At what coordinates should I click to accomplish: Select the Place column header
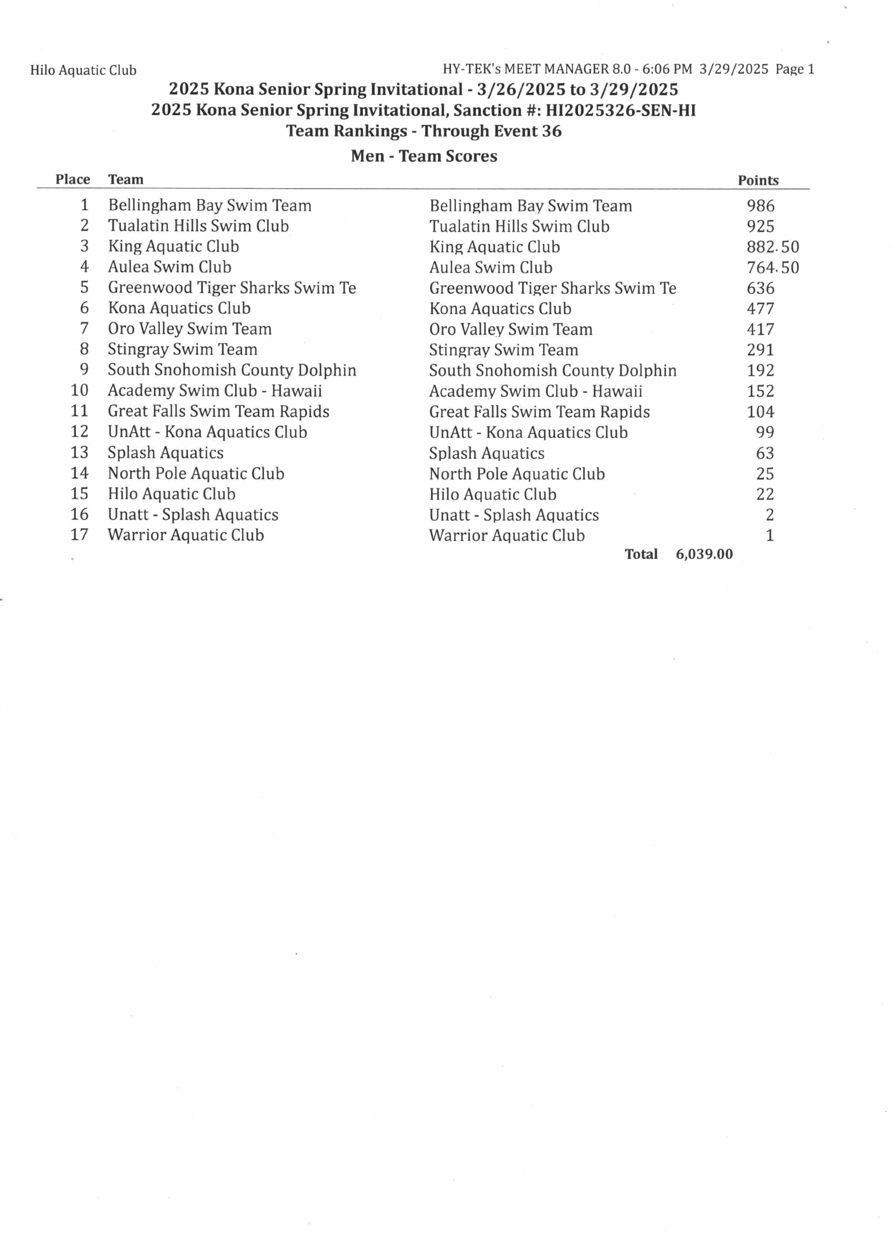[x=72, y=180]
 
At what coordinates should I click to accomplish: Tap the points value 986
[x=760, y=206]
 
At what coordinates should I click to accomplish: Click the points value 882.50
[x=772, y=247]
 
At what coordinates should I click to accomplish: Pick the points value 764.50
[x=772, y=268]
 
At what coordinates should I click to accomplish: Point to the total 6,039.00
[x=704, y=554]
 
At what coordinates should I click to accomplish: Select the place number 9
[x=84, y=370]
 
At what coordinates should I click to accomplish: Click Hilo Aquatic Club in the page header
[x=83, y=70]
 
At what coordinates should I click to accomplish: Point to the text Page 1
[x=795, y=69]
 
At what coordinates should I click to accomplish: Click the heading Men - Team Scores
[x=424, y=156]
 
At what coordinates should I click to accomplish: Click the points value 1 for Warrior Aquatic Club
[x=770, y=535]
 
